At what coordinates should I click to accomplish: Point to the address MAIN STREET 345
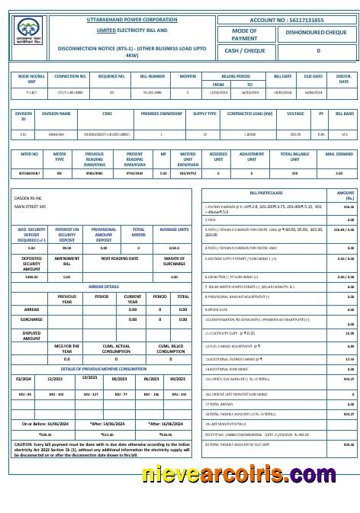31,206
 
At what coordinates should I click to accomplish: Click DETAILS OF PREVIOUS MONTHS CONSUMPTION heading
104,368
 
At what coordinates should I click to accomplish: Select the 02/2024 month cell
23,378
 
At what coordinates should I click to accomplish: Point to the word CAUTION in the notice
24,443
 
